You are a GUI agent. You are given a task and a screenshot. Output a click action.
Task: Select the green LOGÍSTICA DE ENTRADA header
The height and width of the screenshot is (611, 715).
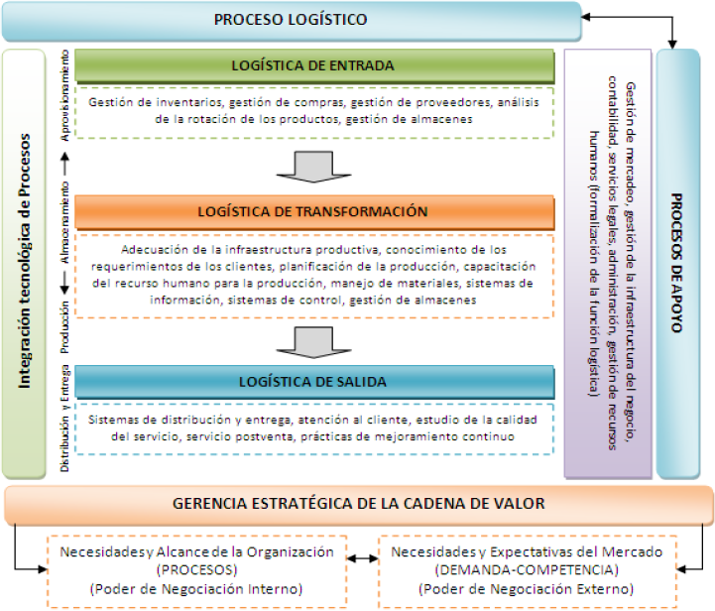coord(313,66)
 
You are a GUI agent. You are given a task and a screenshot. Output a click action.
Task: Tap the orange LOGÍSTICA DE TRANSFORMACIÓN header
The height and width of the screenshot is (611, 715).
coord(313,211)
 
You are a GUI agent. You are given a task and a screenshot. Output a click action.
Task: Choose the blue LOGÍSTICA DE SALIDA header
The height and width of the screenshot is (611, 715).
coord(313,381)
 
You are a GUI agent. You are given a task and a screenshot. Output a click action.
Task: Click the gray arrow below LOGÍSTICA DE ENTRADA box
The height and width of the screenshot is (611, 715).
coord(313,165)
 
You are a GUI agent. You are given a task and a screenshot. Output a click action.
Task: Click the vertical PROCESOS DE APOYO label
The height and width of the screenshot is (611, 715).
coord(679,262)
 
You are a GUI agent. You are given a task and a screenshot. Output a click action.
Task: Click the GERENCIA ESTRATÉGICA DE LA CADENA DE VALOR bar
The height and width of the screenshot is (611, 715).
coord(358,504)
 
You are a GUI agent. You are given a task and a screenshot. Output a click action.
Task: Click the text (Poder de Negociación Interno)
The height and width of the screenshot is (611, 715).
coord(196,589)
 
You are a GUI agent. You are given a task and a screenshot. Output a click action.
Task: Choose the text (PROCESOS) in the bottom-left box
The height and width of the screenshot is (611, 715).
coord(196,570)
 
